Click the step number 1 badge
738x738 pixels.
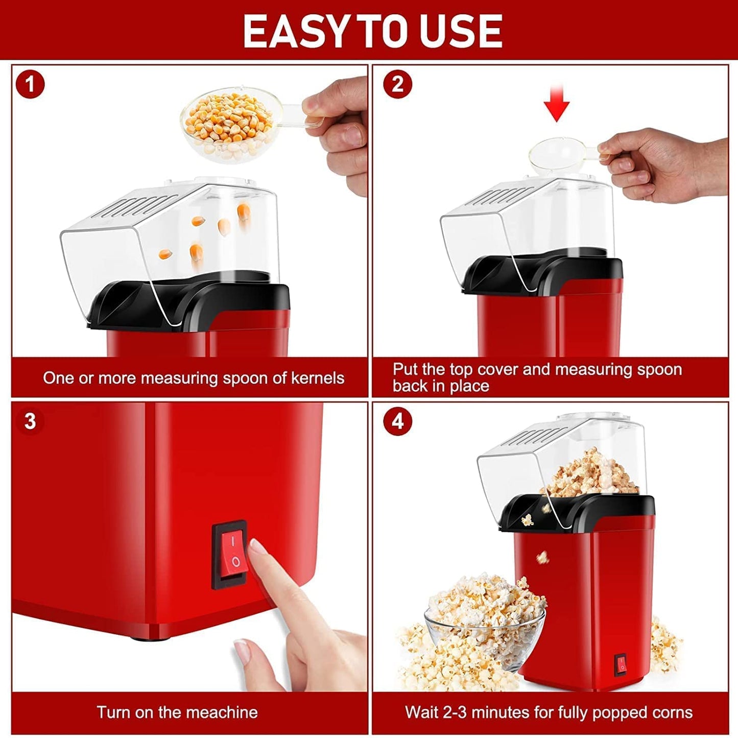click(x=30, y=84)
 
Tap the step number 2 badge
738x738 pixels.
click(x=397, y=84)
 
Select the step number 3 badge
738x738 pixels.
click(x=30, y=421)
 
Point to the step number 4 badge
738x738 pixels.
click(x=397, y=421)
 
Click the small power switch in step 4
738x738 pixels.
click(x=621, y=664)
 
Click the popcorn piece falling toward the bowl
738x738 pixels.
click(x=543, y=557)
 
